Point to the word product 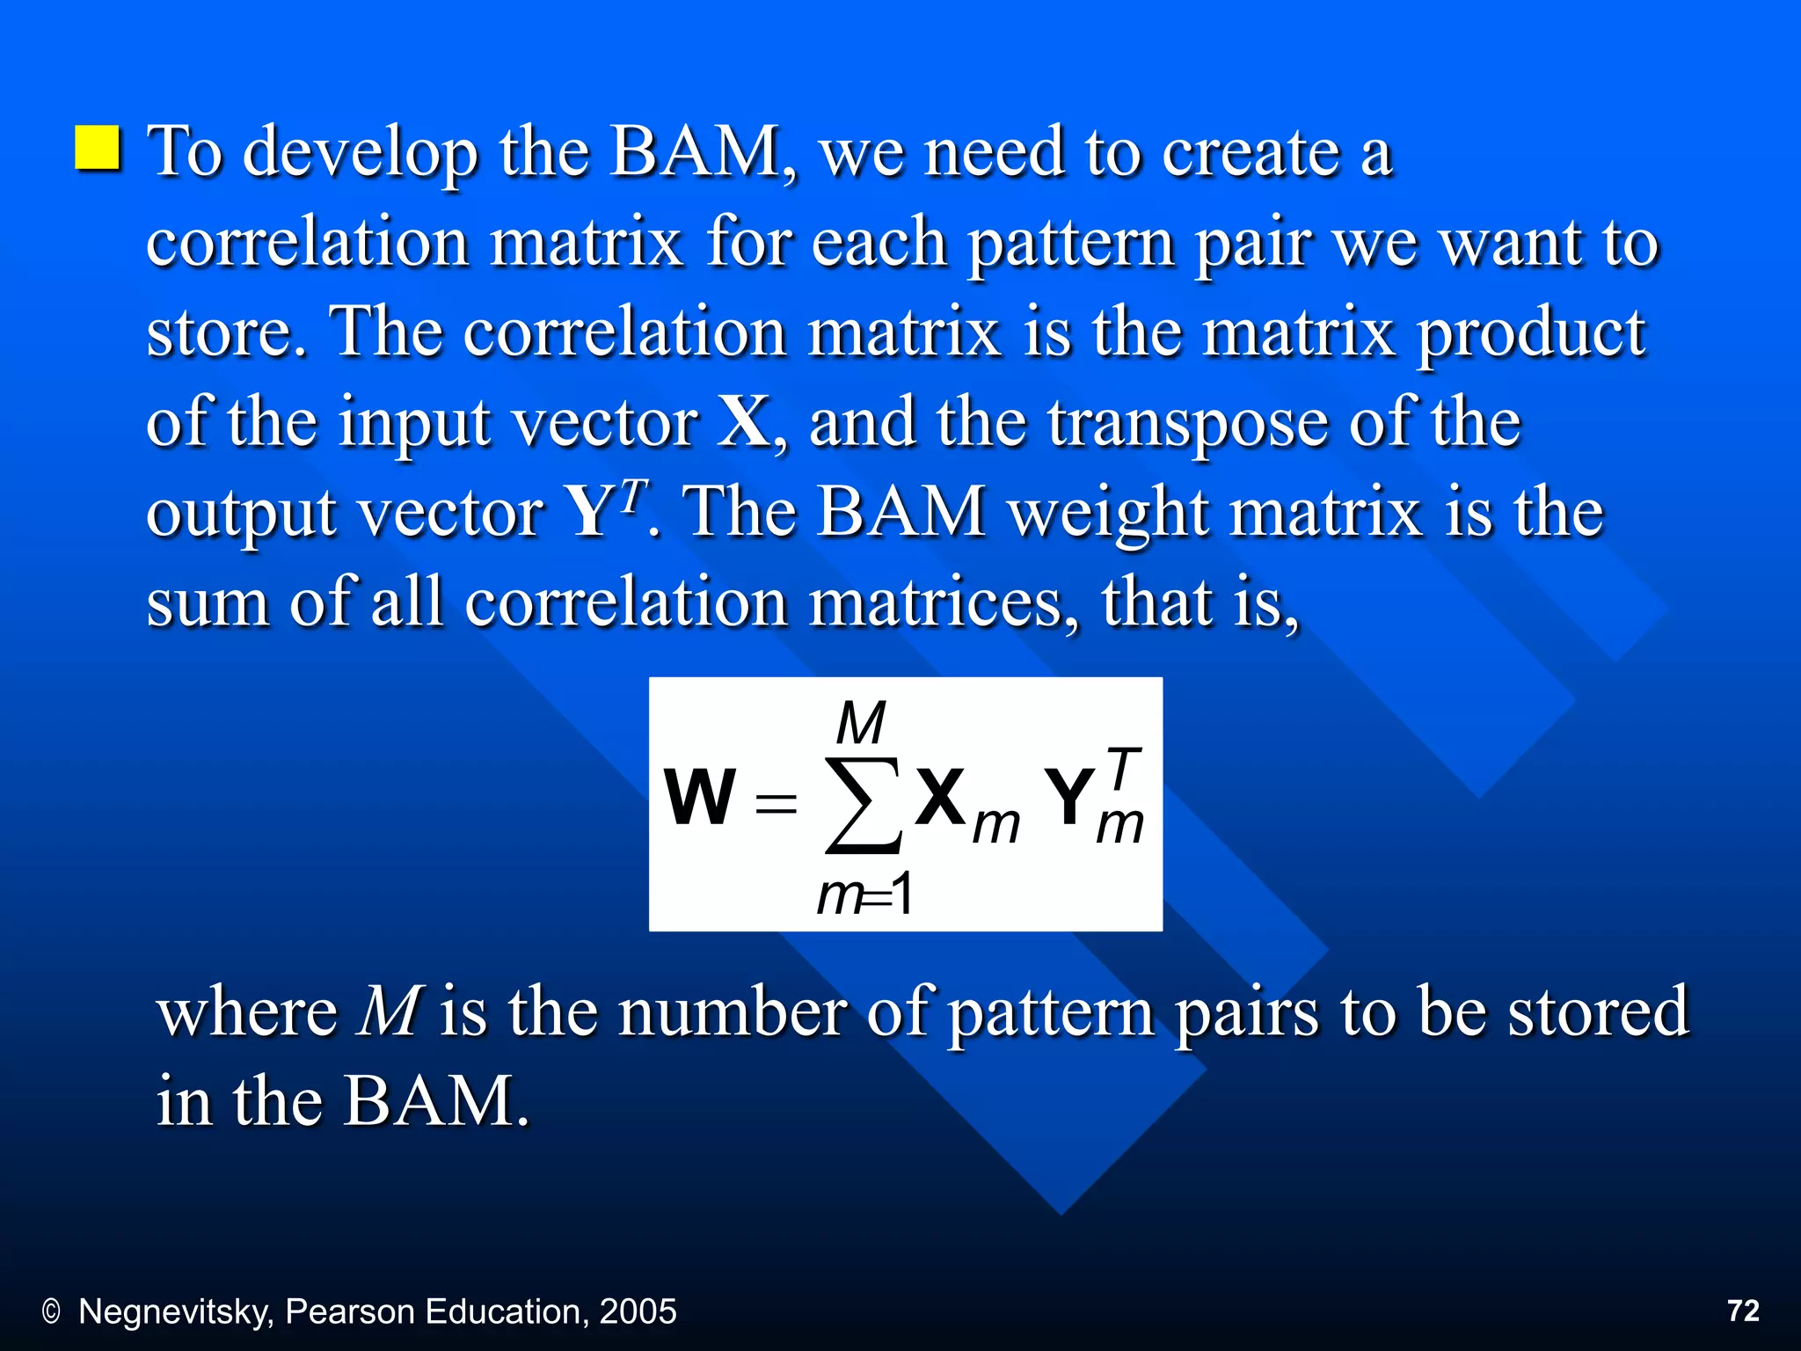pyautogui.click(x=1531, y=334)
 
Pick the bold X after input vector pyautogui.click(x=744, y=422)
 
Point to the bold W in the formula pyautogui.click(x=699, y=797)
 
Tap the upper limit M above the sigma pyautogui.click(x=860, y=724)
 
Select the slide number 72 pyautogui.click(x=1743, y=1311)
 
